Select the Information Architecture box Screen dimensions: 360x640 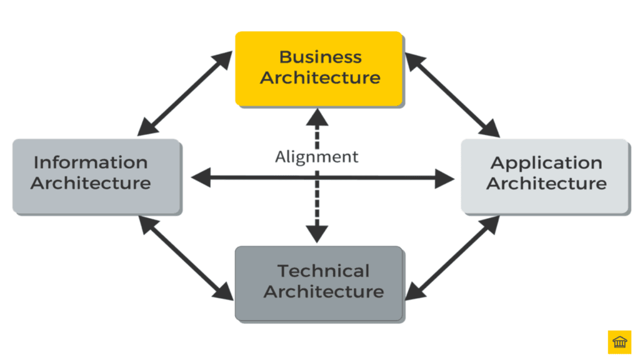(97, 176)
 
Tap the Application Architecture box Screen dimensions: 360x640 (545, 176)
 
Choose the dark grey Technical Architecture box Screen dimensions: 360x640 (318, 282)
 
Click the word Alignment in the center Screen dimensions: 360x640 (317, 156)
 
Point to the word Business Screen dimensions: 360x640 (320, 57)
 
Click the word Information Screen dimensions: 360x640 (91, 162)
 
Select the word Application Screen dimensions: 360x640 (546, 163)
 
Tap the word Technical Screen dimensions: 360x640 (323, 271)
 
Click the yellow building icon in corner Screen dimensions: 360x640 (619, 342)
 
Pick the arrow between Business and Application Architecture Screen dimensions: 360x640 (452, 94)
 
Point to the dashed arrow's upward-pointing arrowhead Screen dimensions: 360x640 (317, 116)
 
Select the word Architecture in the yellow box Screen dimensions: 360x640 (320, 78)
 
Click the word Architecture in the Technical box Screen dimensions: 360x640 (323, 292)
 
